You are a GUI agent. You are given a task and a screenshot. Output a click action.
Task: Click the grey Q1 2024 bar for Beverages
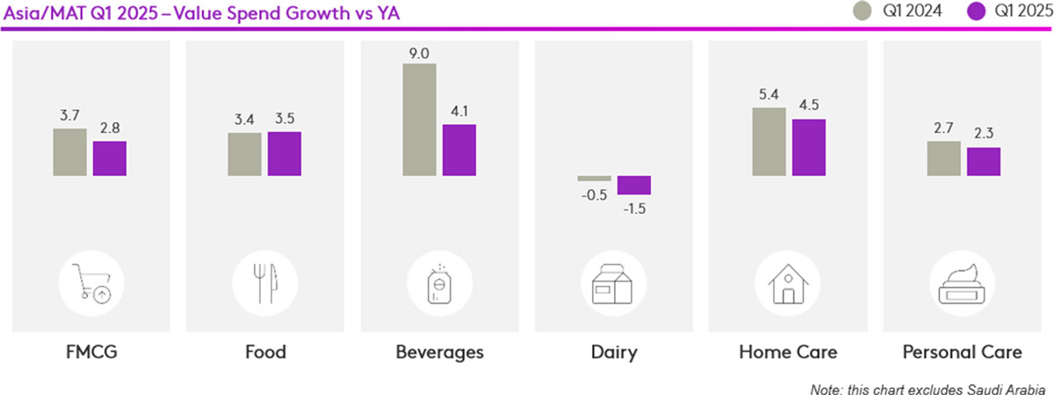coord(420,120)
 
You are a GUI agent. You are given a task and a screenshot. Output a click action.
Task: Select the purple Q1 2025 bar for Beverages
coord(458,150)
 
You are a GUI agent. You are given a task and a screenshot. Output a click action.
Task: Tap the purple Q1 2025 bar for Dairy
coord(634,185)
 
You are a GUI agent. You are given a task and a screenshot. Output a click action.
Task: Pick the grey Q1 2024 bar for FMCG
coord(69,152)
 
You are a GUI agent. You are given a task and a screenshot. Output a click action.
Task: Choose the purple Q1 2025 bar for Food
coord(284,154)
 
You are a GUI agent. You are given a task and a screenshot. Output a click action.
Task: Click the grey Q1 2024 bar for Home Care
coord(769,141)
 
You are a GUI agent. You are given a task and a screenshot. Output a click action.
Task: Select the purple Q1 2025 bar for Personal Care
coord(984,161)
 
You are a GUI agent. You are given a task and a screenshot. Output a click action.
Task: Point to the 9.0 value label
coord(420,54)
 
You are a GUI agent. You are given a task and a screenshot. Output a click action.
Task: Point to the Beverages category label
coord(439,353)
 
